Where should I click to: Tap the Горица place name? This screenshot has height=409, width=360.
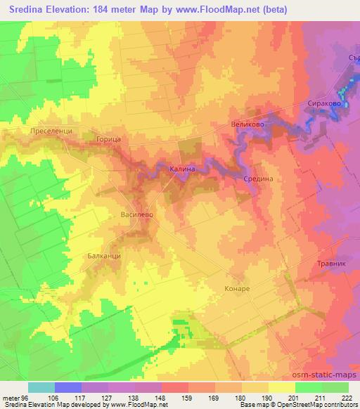[x=110, y=141]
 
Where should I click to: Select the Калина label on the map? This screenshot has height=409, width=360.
[x=183, y=169]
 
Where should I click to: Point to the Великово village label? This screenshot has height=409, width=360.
[x=247, y=124]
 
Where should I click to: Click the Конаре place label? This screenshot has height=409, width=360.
[x=237, y=289]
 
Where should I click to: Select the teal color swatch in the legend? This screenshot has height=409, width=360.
[x=41, y=387]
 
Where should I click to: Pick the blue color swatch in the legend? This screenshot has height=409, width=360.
[x=68, y=387]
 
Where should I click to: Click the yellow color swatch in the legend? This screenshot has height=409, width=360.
[x=282, y=387]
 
